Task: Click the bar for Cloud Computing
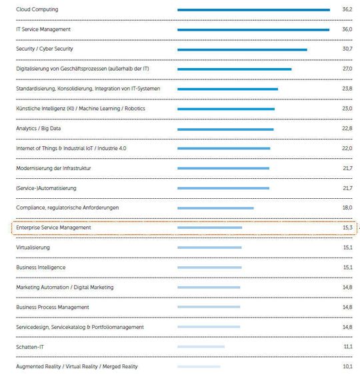pos(253,10)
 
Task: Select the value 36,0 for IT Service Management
pos(347,29)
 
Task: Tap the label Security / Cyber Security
pos(45,49)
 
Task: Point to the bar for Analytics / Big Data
pos(225,129)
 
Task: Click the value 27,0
pos(347,69)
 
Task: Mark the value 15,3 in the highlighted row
pos(347,228)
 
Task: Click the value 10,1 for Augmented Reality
pos(347,366)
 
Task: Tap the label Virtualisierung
pos(33,248)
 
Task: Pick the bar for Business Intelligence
pos(209,268)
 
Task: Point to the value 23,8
pos(347,89)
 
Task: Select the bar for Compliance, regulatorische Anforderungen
pos(215,208)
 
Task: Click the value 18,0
pos(347,208)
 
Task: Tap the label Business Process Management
pos(53,307)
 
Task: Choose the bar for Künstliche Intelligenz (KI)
pos(226,109)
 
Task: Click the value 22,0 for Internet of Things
pos(347,148)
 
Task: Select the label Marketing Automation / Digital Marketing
pos(65,287)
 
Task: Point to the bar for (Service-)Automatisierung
pos(223,188)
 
